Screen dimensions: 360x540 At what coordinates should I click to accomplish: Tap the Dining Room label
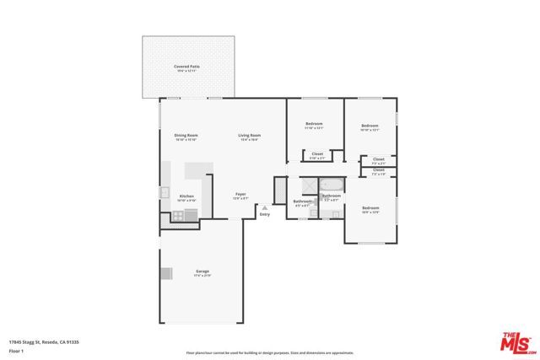tap(186, 136)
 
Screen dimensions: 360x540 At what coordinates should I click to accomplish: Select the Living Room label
tap(249, 136)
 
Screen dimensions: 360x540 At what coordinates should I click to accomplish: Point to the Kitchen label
tap(186, 196)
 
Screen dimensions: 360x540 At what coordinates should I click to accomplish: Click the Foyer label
tap(240, 195)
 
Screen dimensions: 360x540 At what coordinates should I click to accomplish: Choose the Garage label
tap(202, 271)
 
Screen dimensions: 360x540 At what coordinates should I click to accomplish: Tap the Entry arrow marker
tap(265, 207)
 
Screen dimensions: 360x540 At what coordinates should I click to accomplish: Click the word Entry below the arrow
tap(265, 214)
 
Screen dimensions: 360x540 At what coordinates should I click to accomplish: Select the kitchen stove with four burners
tap(179, 215)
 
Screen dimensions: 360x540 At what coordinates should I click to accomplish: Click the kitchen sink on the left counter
tap(165, 192)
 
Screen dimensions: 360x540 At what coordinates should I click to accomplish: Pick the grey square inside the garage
tap(166, 272)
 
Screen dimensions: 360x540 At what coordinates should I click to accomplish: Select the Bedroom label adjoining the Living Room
tap(314, 125)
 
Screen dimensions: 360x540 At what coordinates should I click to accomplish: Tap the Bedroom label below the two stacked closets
tap(370, 208)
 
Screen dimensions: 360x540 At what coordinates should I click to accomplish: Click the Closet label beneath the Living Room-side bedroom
tap(317, 154)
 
